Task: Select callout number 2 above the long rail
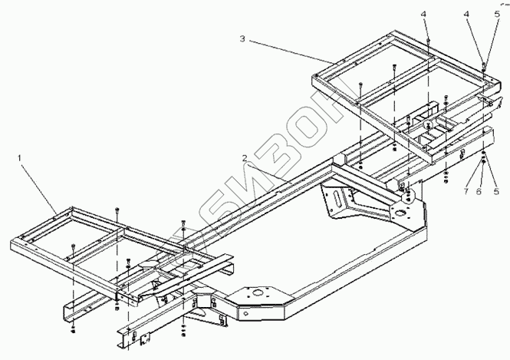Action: [244, 158]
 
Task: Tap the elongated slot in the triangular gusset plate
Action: [335, 203]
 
